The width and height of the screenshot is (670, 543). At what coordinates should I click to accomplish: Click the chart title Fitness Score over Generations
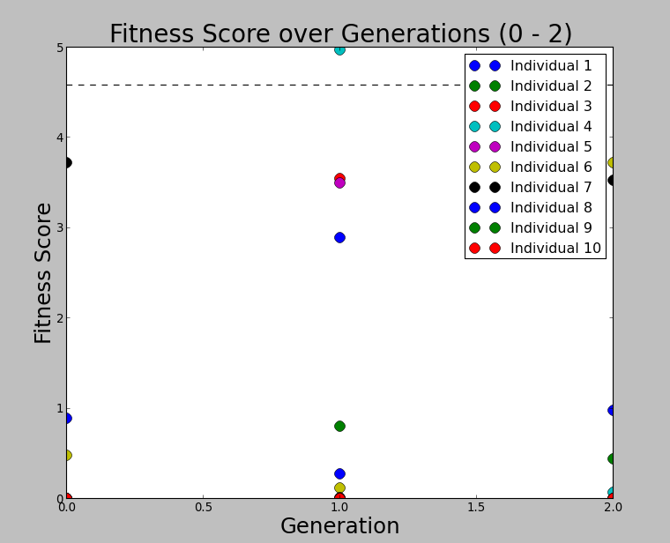pos(340,34)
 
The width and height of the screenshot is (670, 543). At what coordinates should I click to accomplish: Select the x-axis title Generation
pos(339,526)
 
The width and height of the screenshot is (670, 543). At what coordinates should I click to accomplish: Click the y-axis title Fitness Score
pos(43,272)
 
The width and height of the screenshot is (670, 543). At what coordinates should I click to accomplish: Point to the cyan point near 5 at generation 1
pos(339,49)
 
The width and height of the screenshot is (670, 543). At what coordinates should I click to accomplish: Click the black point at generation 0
pos(66,162)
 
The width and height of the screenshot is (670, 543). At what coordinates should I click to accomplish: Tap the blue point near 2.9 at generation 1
pos(339,237)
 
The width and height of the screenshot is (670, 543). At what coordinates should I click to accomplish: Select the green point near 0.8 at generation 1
pos(339,426)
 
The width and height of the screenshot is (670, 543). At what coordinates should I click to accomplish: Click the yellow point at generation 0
pos(66,455)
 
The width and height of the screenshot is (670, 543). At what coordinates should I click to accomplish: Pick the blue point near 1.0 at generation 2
pos(612,410)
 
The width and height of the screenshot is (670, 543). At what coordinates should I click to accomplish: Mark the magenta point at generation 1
pos(339,183)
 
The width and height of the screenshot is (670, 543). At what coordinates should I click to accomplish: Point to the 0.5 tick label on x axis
pos(203,508)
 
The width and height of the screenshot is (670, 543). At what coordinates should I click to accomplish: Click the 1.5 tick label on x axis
pos(476,508)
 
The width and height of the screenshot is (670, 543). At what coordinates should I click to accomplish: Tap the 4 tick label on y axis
pos(59,138)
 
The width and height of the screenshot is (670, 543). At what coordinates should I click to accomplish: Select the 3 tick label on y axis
pos(59,227)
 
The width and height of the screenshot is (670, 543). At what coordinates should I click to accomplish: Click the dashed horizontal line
pos(264,85)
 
